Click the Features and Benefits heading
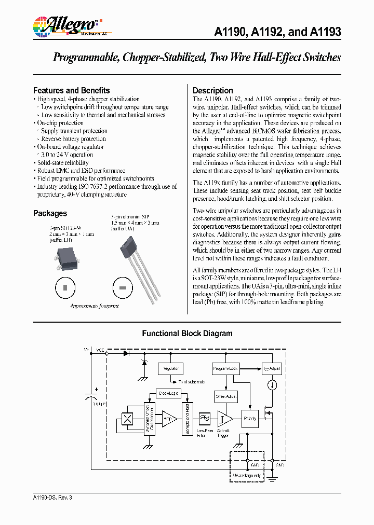click(x=71, y=90)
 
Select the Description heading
click(x=213, y=90)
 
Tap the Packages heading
click(x=50, y=213)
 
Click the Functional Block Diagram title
click(x=187, y=334)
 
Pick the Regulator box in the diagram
click(x=170, y=368)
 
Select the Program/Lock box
click(x=225, y=368)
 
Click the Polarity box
click(x=250, y=418)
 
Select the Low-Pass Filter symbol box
click(x=203, y=418)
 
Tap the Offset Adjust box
click(x=225, y=396)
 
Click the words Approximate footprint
click(x=94, y=306)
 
